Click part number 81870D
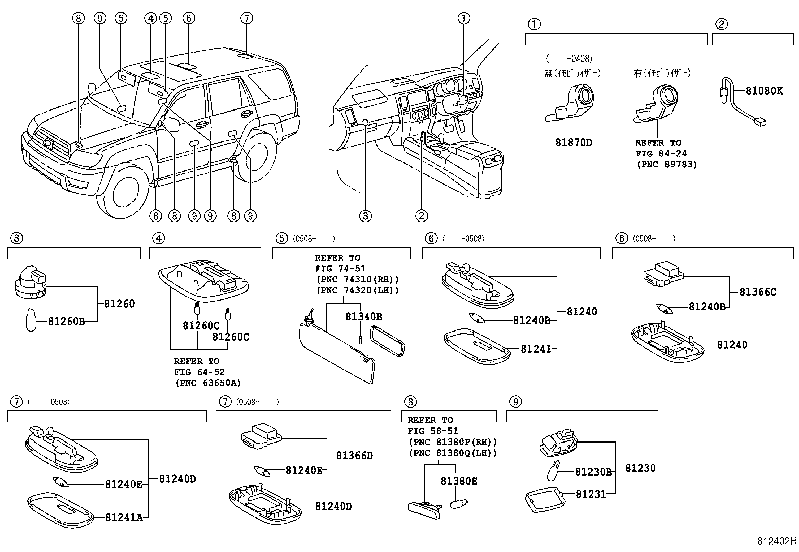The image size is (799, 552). [573, 142]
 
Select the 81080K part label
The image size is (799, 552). [764, 91]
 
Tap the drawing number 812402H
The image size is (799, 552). [777, 541]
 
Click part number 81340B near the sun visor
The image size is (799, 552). [364, 317]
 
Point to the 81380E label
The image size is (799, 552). [459, 481]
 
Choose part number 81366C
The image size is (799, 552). [757, 292]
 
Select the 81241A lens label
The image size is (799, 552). [124, 517]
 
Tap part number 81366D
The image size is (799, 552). [354, 456]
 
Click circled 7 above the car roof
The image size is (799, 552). [246, 18]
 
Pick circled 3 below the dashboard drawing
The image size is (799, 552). [365, 216]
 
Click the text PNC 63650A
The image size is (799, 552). [208, 383]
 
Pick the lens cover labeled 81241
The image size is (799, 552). [477, 346]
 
